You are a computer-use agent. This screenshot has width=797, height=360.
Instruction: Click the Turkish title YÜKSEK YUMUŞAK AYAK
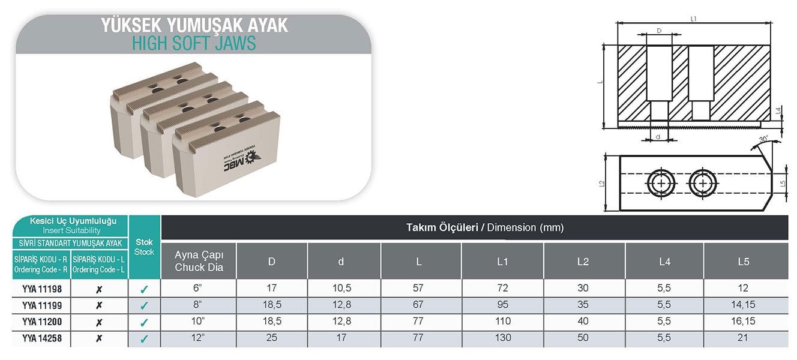194,25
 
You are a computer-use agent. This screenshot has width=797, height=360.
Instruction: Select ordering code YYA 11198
42,289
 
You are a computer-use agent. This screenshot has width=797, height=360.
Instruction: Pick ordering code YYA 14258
42,338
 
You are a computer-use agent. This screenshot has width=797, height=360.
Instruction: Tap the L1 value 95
502,305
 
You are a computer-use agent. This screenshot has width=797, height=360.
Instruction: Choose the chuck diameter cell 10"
199,322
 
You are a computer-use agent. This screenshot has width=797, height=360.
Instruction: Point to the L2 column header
583,262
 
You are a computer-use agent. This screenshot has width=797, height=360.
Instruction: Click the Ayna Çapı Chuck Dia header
199,262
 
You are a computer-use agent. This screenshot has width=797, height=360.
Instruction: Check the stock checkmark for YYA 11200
144,322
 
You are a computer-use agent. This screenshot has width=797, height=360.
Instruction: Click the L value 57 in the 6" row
418,289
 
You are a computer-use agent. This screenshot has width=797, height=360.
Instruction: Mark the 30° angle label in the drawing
763,140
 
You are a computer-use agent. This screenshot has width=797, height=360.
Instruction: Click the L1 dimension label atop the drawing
694,19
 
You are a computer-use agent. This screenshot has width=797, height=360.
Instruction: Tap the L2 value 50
583,338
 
